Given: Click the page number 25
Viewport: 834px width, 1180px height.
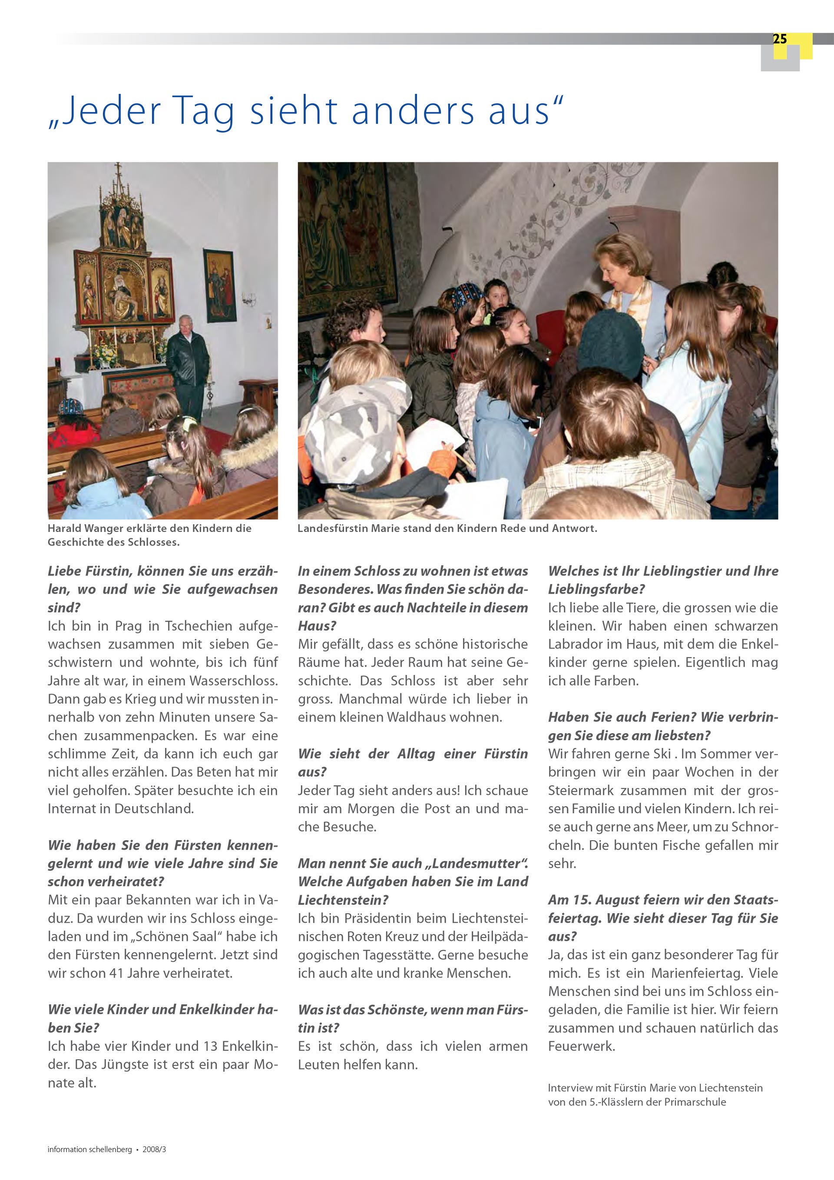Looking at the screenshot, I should point(780,39).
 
